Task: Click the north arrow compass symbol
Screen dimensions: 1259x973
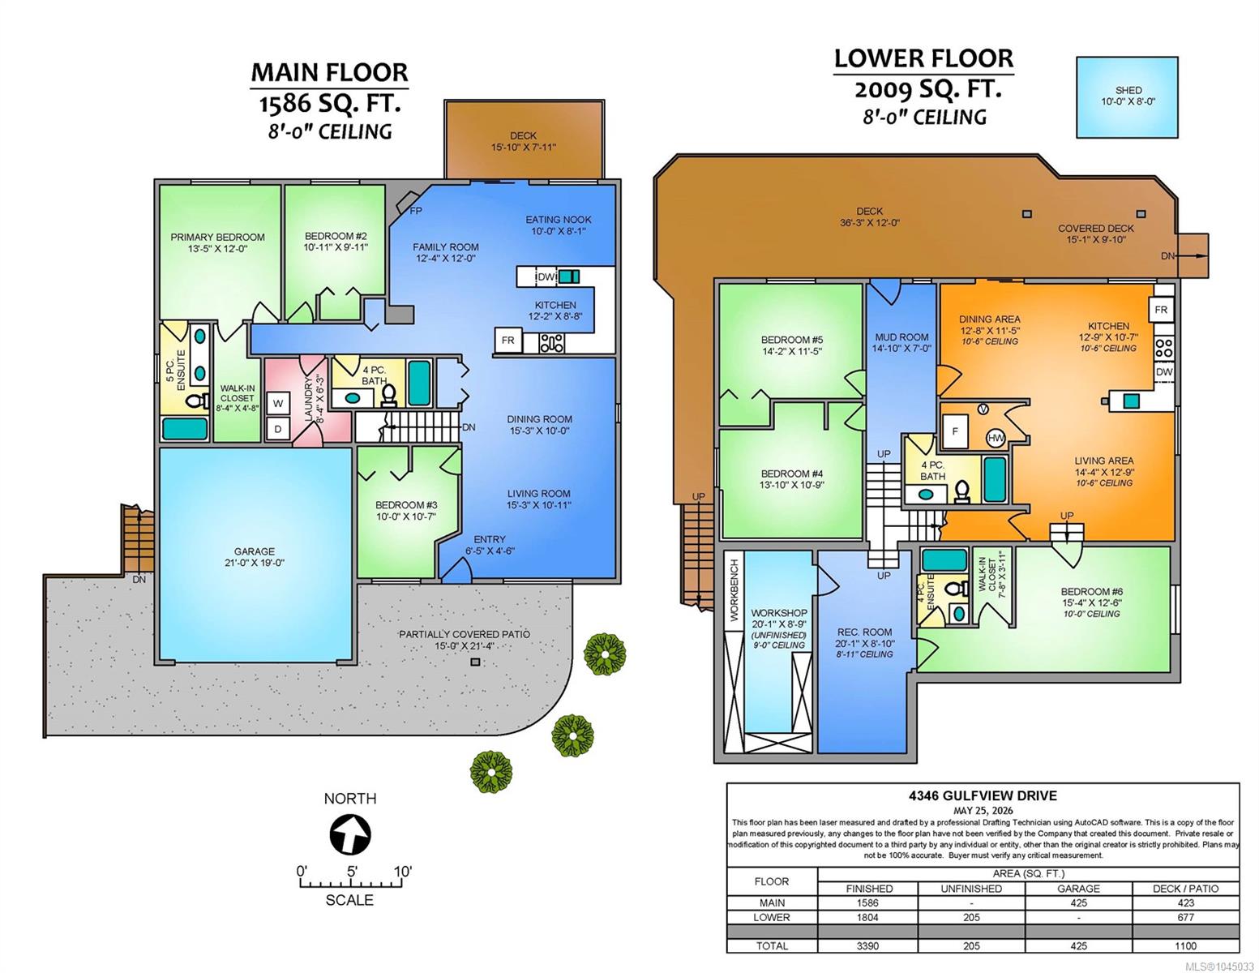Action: coord(350,834)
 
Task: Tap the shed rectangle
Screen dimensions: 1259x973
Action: coord(1126,97)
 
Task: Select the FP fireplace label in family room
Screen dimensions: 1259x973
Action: coord(415,211)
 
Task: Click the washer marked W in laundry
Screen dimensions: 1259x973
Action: coord(278,404)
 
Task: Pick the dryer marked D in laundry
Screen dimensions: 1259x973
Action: coord(278,430)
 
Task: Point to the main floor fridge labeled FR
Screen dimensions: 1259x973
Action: coord(508,341)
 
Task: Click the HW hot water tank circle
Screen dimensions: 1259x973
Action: coord(996,438)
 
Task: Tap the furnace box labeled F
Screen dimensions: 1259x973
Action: coord(955,431)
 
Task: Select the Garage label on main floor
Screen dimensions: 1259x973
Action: coord(255,551)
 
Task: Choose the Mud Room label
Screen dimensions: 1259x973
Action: coord(901,336)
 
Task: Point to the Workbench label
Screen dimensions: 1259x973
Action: coord(734,590)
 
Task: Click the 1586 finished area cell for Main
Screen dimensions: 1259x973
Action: coord(868,903)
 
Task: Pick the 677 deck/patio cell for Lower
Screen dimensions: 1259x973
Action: coord(1185,917)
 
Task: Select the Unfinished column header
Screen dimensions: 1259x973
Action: coord(971,889)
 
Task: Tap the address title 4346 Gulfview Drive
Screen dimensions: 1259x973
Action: coord(983,795)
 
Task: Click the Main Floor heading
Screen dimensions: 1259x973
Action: coord(329,72)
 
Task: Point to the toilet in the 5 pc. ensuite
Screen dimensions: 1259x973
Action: coord(199,401)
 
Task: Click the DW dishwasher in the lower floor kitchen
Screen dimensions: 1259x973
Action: coord(1164,372)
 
